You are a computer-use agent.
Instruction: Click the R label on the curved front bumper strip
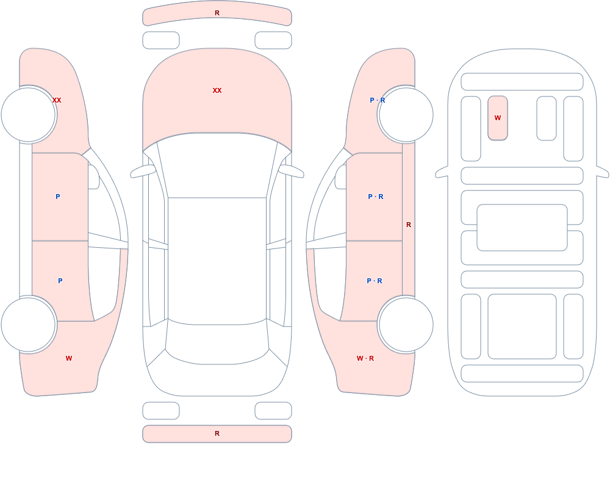(217, 13)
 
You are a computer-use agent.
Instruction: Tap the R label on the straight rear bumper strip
(217, 433)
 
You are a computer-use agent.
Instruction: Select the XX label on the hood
(217, 90)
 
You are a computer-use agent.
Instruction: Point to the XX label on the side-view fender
(57, 100)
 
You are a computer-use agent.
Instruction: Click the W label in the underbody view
(498, 118)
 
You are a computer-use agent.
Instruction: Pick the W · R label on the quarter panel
(365, 358)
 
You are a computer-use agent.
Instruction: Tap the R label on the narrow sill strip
(409, 225)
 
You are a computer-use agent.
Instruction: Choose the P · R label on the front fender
(378, 100)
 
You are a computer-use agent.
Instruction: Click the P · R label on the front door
(376, 197)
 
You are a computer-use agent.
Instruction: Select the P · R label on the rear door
(375, 281)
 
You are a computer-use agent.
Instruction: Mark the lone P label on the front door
(58, 197)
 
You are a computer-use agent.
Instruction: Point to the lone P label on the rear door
(60, 281)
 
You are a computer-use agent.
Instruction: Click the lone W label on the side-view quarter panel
(69, 358)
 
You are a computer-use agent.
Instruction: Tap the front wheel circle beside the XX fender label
(29, 115)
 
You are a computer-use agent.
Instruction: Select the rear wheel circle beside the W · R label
(406, 325)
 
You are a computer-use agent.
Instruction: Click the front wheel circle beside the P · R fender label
(406, 115)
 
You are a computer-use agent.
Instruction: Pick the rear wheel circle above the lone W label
(29, 325)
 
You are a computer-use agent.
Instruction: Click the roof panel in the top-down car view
(217, 260)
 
